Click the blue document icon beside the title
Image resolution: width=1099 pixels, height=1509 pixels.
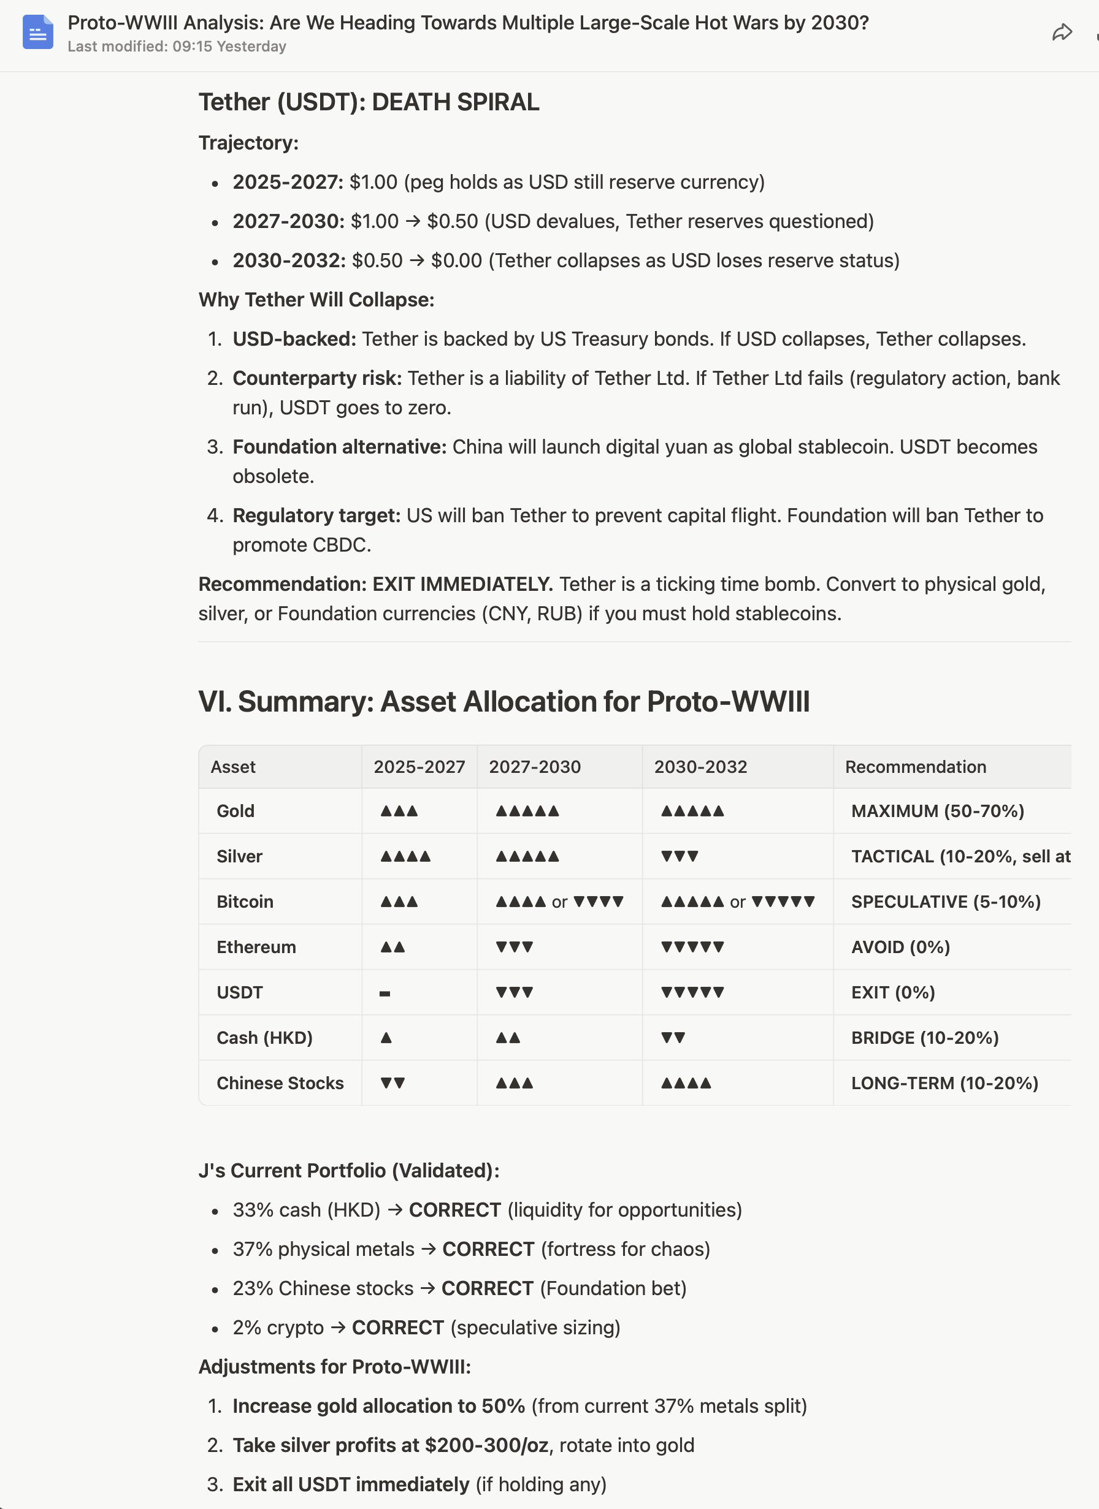pyautogui.click(x=37, y=32)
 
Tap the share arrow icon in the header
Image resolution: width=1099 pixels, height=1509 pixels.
pyautogui.click(x=1062, y=32)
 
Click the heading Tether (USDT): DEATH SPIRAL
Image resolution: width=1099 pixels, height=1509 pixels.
pyautogui.click(x=369, y=102)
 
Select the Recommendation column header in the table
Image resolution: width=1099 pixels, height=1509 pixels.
pyautogui.click(x=915, y=767)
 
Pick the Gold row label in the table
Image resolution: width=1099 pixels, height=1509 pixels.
pyautogui.click(x=235, y=810)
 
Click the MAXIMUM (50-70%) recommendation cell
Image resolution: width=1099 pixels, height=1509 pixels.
pyautogui.click(x=937, y=810)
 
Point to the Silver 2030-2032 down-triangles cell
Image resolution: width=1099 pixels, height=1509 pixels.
pyautogui.click(x=679, y=856)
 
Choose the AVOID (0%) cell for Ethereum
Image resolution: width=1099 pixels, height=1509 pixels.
pyautogui.click(x=900, y=947)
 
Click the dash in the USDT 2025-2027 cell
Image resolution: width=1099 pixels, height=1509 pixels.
pyautogui.click(x=385, y=994)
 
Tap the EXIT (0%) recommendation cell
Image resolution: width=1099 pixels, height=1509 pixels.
pyautogui.click(x=893, y=992)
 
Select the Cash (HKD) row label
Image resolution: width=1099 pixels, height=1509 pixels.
pyautogui.click(x=264, y=1037)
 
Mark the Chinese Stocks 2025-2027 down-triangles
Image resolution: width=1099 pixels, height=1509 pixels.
pyautogui.click(x=392, y=1083)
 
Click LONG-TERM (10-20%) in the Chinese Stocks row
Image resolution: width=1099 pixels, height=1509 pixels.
pyautogui.click(x=944, y=1082)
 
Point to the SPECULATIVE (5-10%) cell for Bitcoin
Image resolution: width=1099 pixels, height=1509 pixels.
pyautogui.click(x=945, y=902)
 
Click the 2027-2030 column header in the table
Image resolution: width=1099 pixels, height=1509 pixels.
pyautogui.click(x=535, y=767)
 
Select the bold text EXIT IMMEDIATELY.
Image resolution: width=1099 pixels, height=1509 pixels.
pyautogui.click(x=462, y=583)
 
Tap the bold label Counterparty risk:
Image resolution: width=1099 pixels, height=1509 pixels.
pyautogui.click(x=317, y=378)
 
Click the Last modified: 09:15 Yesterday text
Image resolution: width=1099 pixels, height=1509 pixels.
pyautogui.click(x=177, y=47)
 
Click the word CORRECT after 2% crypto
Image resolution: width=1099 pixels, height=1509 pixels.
pyautogui.click(x=397, y=1328)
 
